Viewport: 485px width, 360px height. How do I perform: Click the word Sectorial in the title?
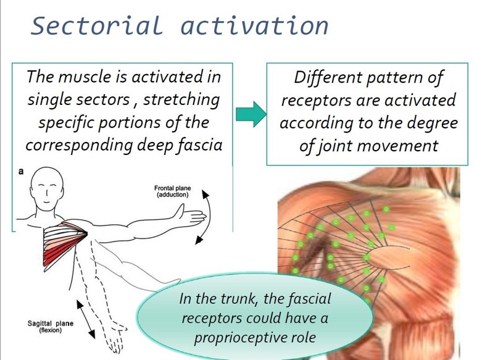coord(97,25)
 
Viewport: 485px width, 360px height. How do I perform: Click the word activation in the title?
coord(254,25)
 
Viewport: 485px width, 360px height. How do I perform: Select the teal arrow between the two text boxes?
coord(251,114)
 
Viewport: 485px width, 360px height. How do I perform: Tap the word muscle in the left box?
coord(85,77)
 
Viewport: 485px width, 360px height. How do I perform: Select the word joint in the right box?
coord(335,146)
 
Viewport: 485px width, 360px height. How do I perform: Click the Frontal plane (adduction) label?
coord(173,191)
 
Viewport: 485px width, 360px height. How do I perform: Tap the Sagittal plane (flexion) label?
coord(51,327)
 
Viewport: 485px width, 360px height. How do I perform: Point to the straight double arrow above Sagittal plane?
coord(86,319)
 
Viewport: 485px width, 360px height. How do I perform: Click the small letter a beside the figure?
coord(21,171)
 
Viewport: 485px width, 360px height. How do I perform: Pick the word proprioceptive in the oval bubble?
coord(255,338)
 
